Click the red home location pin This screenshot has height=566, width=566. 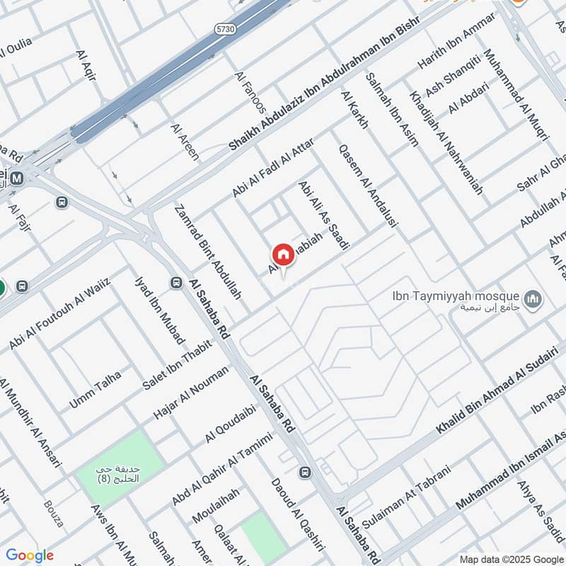click(x=283, y=255)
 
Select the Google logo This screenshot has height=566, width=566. click(x=30, y=555)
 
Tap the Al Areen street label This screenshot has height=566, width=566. click(x=185, y=141)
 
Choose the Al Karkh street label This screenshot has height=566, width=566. click(x=354, y=110)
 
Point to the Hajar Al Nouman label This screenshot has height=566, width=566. click(x=191, y=393)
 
